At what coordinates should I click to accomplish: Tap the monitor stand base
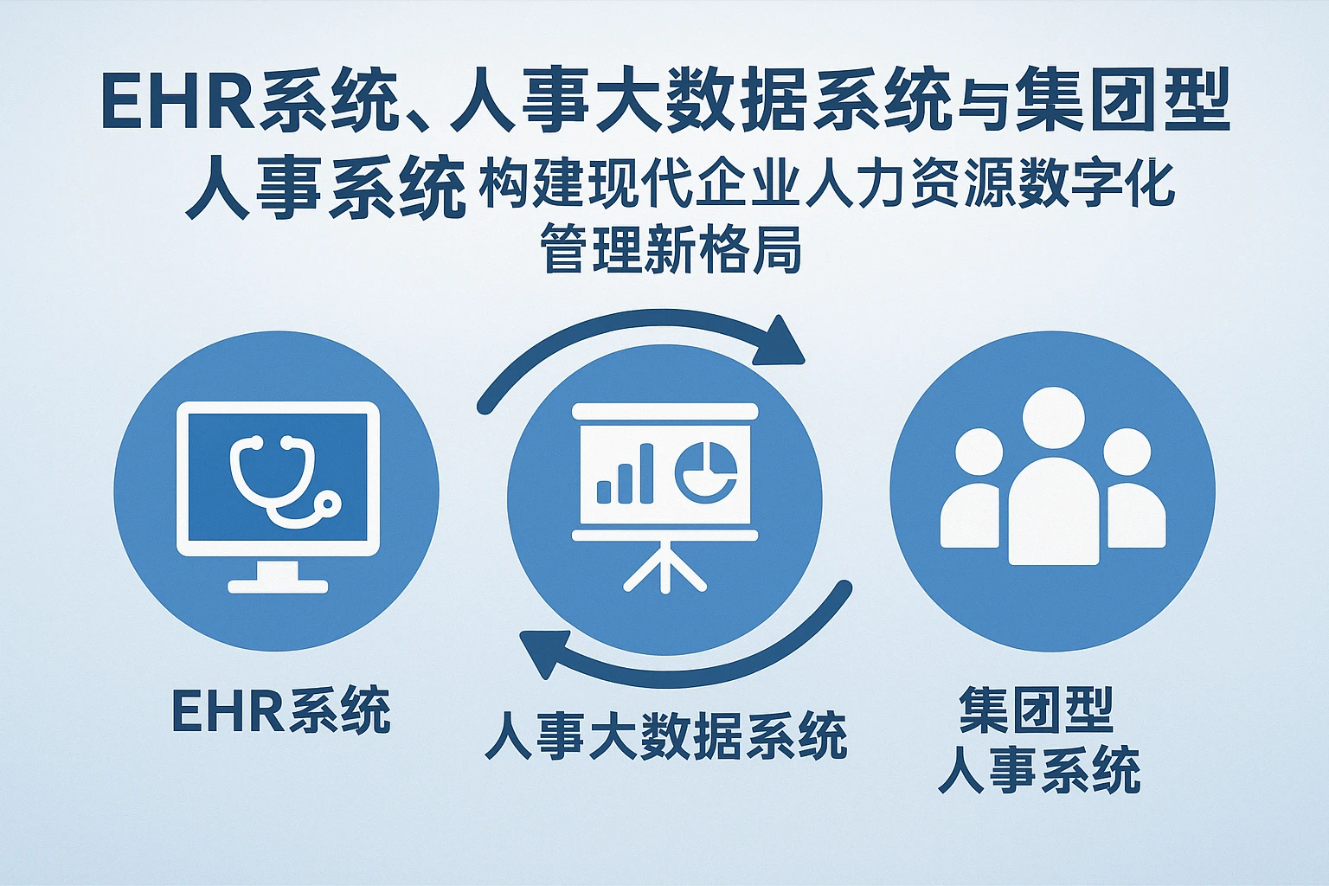(279, 586)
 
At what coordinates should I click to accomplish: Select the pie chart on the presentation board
(706, 472)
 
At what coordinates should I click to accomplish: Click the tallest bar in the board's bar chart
(645, 473)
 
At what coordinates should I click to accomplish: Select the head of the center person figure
(1054, 419)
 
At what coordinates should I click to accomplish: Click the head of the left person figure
(979, 453)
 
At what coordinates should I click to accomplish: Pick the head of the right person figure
(1127, 453)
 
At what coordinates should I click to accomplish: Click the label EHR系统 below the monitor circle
(281, 709)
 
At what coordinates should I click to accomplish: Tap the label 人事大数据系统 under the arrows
(665, 735)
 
